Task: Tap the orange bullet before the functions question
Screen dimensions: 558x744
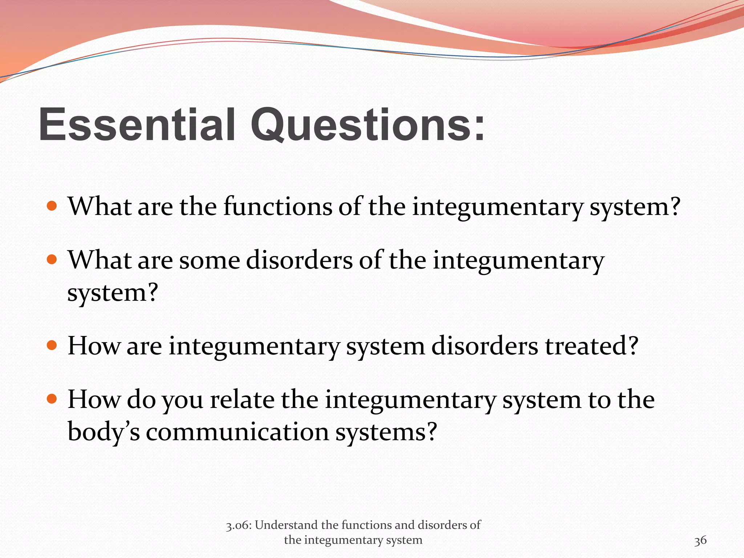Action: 52,206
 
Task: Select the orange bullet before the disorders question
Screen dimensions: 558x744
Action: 52,260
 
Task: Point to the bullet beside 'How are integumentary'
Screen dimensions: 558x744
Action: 52,345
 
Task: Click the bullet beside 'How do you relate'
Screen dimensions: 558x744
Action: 52,399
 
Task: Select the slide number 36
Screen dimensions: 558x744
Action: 700,541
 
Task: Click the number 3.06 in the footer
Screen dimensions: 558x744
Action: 239,525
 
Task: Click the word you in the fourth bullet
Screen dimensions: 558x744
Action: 182,400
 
